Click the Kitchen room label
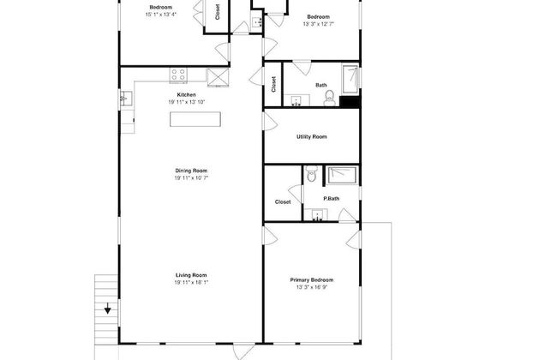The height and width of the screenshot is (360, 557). [x=186, y=95]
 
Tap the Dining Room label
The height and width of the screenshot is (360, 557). [x=191, y=171]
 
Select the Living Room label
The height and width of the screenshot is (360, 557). [x=191, y=275]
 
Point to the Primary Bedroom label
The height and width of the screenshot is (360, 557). [x=312, y=280]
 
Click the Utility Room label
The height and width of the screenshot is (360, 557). [x=312, y=137]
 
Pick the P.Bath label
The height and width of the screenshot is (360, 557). [x=331, y=199]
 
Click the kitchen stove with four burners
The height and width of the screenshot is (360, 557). [x=178, y=75]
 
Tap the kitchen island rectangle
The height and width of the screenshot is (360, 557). [x=195, y=119]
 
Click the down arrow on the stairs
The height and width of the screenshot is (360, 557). [x=108, y=308]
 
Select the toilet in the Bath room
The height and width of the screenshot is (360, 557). [x=330, y=98]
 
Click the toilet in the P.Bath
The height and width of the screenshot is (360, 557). [x=312, y=174]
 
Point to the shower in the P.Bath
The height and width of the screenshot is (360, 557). [x=342, y=175]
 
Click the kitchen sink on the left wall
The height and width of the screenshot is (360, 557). [x=126, y=98]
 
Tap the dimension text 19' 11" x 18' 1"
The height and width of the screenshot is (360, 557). [x=191, y=283]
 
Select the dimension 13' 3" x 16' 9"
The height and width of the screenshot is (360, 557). [x=312, y=287]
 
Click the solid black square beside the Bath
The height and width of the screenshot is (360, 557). [x=350, y=101]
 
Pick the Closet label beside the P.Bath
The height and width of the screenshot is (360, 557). [x=283, y=201]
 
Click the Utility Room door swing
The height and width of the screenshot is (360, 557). [x=270, y=121]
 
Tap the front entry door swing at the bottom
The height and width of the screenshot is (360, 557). [x=244, y=351]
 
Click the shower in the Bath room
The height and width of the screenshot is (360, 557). [x=350, y=79]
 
